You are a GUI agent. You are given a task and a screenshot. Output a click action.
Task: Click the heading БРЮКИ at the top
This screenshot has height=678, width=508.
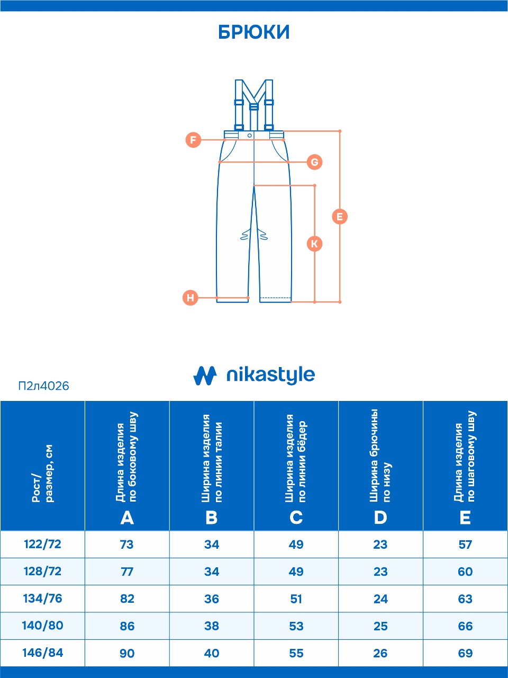pyautogui.click(x=254, y=32)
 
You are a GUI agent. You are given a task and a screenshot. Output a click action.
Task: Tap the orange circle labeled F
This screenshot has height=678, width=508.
pyautogui.click(x=193, y=140)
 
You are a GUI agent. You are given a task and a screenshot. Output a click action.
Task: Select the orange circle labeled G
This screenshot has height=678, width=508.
pyautogui.click(x=314, y=162)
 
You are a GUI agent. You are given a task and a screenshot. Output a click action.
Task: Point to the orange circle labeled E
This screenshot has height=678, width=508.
pyautogui.click(x=340, y=217)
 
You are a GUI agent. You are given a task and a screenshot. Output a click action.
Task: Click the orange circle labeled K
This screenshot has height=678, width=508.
pyautogui.click(x=314, y=244)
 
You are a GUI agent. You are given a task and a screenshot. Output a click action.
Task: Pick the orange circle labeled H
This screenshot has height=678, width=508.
pyautogui.click(x=190, y=298)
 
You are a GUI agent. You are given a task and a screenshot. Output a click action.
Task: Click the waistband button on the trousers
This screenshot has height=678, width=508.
pyautogui.click(x=250, y=135)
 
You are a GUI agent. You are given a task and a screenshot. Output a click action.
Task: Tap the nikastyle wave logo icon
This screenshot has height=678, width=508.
pyautogui.click(x=205, y=376)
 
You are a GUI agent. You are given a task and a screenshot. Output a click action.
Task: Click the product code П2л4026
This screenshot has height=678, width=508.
pyautogui.click(x=43, y=386)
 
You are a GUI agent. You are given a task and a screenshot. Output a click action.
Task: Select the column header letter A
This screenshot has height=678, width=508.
pyautogui.click(x=127, y=517)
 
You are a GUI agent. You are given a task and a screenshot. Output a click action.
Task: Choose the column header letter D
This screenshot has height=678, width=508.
pyautogui.click(x=380, y=517)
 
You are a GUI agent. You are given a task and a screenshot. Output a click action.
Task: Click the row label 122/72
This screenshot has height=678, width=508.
pyautogui.click(x=42, y=543)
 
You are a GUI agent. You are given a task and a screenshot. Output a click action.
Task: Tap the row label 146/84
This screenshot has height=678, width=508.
pyautogui.click(x=42, y=653)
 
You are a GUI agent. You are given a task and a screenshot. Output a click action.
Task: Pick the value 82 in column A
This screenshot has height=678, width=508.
pyautogui.click(x=127, y=599)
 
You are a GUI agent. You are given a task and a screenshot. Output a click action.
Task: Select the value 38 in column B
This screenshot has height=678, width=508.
pyautogui.click(x=212, y=626)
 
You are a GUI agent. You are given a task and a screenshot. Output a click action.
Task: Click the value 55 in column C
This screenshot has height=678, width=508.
pyautogui.click(x=296, y=653)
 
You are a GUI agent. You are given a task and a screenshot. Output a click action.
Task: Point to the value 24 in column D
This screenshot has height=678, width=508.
pyautogui.click(x=380, y=599)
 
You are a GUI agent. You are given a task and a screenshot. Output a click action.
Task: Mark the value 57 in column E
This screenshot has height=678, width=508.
pyautogui.click(x=465, y=544)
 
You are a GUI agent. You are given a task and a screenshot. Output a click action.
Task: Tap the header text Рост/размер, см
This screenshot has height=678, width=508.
pyautogui.click(x=42, y=474)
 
